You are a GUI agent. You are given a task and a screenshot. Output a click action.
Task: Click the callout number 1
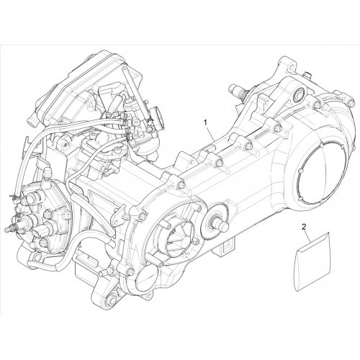(205, 122)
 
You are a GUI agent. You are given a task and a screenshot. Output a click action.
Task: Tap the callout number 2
(304, 227)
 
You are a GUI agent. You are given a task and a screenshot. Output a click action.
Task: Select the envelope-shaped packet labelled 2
(312, 261)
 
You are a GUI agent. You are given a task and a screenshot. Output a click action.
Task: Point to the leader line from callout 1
(210, 133)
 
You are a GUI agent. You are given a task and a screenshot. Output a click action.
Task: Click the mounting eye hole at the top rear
(291, 66)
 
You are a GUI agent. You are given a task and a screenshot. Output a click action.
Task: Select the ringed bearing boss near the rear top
(300, 94)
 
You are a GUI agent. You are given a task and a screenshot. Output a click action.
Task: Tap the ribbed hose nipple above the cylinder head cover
(47, 171)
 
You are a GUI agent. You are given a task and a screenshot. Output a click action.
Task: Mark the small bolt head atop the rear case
(307, 74)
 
